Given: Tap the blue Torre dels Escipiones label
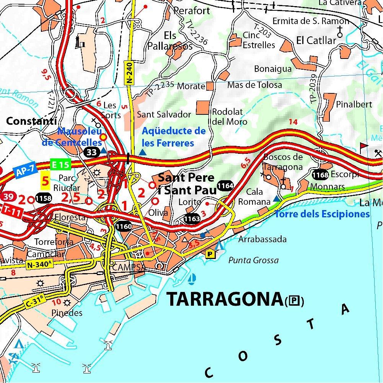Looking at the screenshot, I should tap(322, 214).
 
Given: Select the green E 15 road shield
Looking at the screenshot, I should tap(60, 165).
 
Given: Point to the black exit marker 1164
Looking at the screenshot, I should tap(225, 186).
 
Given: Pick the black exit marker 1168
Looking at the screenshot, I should tap(320, 175).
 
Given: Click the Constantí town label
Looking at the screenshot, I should tap(29, 121).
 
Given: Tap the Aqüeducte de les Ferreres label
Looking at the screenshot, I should tap(174, 137).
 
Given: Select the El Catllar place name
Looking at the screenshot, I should tap(316, 40).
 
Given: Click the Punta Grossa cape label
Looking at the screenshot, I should tap(253, 261).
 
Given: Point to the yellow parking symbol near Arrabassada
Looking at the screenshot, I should tap(210, 254).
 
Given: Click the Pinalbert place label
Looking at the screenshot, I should tap(354, 104).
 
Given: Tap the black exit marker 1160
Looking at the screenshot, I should tap(124, 227).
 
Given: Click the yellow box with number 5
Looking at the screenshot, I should tap(46, 181).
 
